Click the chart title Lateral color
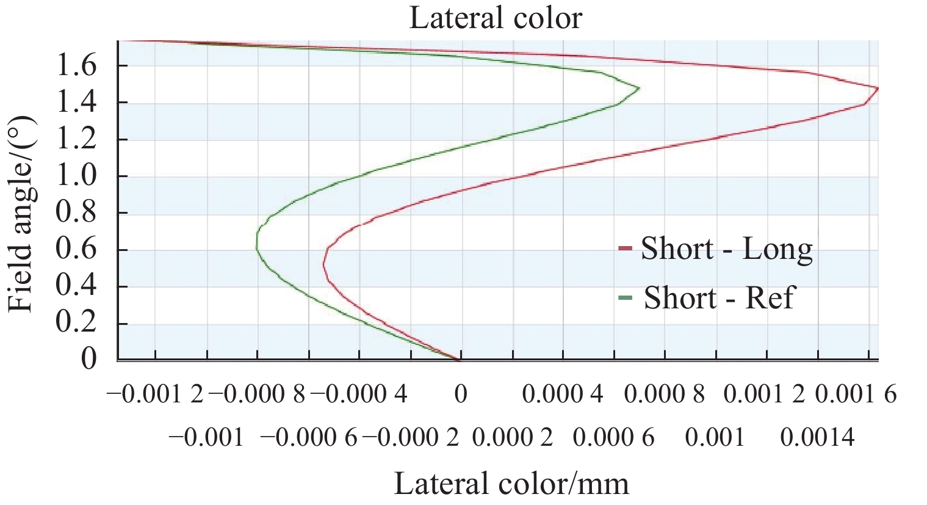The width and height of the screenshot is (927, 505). point(496,18)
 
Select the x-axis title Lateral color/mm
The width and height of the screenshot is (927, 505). point(511,484)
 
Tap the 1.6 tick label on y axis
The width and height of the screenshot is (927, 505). point(76,66)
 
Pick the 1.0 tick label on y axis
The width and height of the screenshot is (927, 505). point(76,176)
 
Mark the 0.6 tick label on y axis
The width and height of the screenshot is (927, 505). point(76,250)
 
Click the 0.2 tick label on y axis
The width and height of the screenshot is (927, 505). point(76,324)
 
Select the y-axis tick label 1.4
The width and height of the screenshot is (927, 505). point(76,103)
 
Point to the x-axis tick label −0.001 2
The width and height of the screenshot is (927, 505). point(155,394)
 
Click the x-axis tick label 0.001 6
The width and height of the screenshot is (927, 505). point(856,394)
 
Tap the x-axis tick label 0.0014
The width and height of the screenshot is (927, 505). point(818,437)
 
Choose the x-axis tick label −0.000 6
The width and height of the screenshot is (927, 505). point(308,437)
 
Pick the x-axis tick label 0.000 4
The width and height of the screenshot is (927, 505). point(563,394)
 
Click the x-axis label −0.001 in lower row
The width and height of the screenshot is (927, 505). point(206,437)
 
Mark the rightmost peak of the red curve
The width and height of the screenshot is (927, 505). point(878,89)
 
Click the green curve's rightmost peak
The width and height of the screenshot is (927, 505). point(639,89)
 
